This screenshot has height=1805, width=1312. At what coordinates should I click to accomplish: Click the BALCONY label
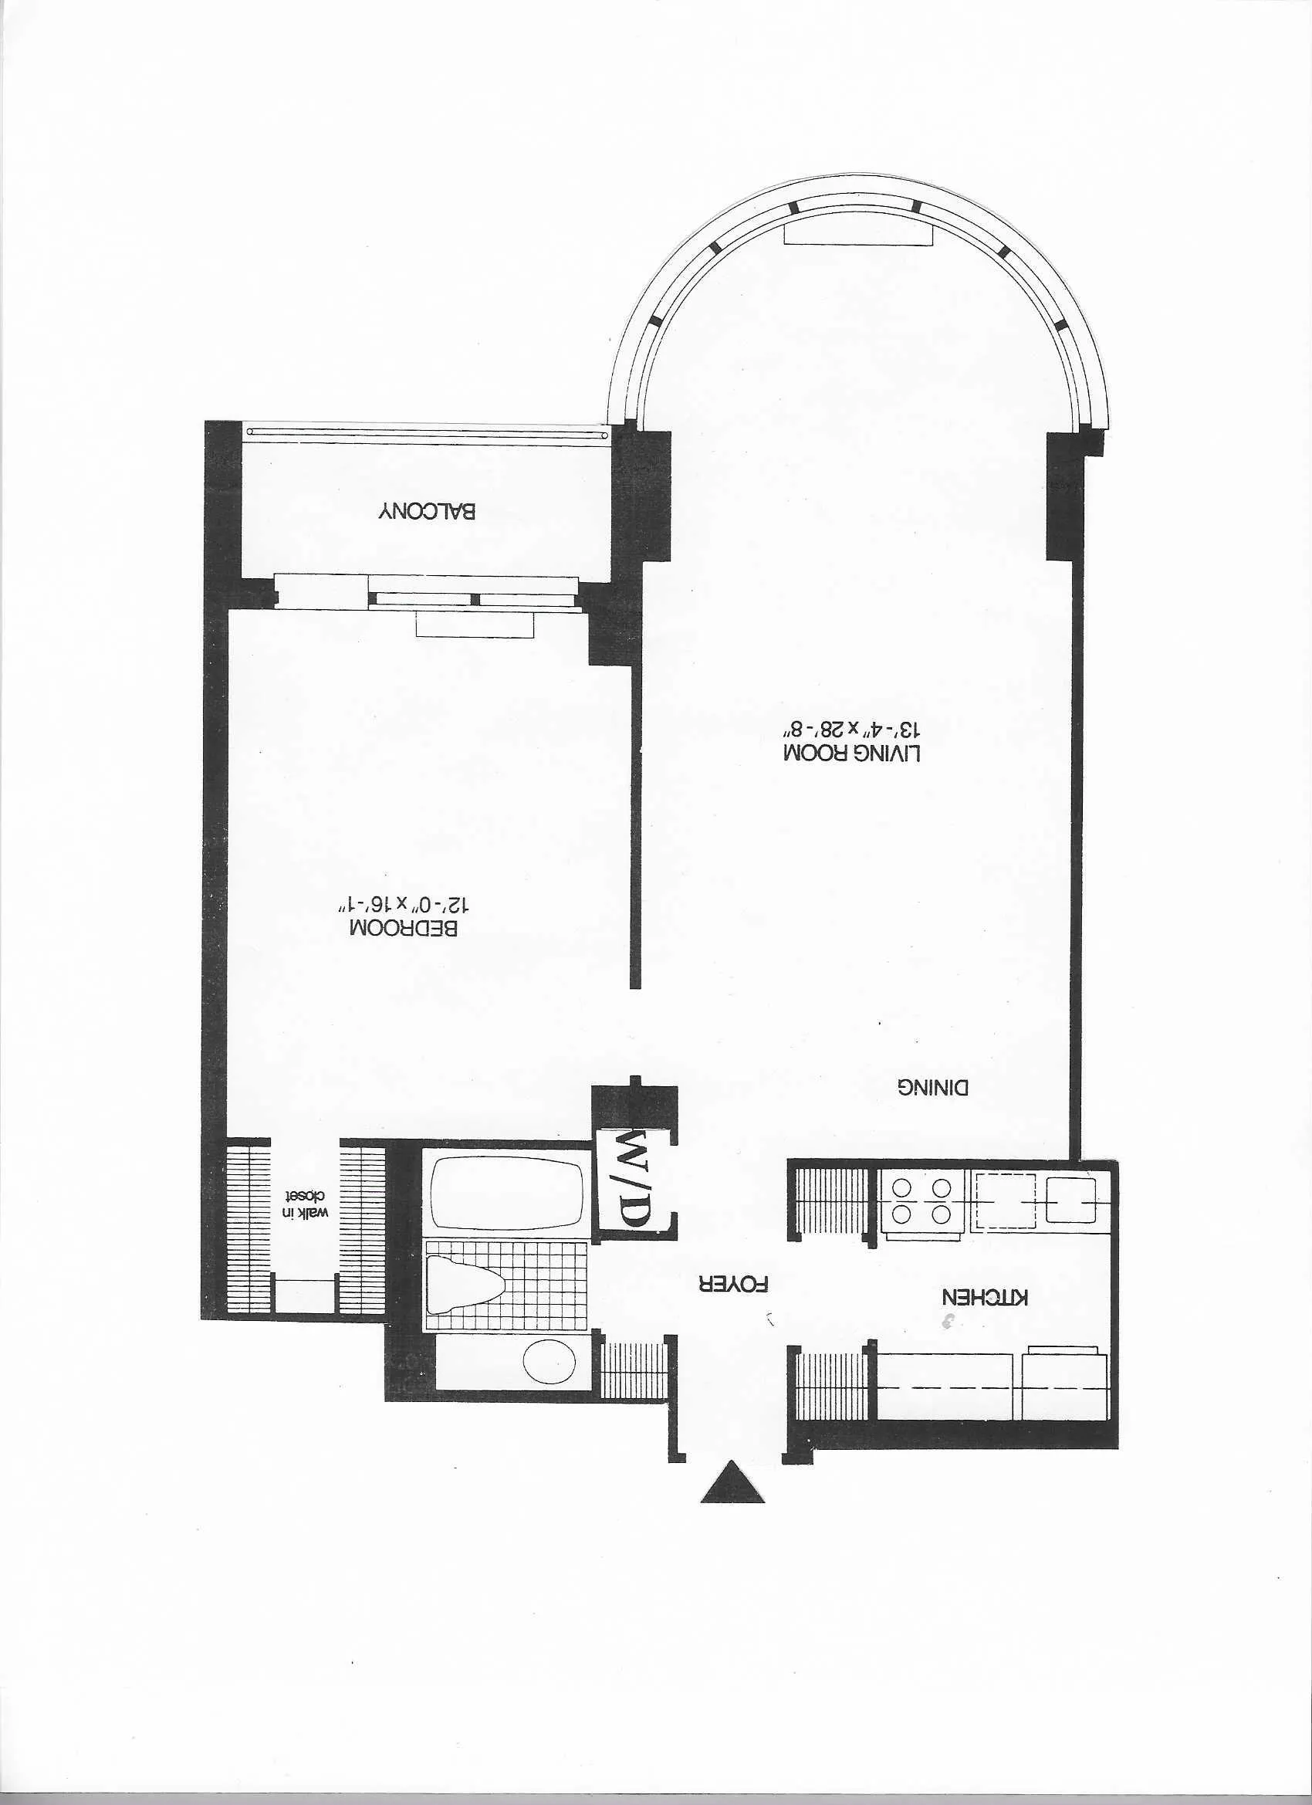(x=427, y=511)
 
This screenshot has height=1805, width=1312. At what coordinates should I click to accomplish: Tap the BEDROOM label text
(x=404, y=928)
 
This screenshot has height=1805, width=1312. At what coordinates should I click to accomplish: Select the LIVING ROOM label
(x=852, y=752)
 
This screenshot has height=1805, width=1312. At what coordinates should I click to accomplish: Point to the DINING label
(x=933, y=1088)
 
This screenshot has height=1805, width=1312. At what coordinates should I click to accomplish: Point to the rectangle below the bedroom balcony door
(x=474, y=625)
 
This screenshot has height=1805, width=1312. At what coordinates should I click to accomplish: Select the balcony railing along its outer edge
(x=427, y=433)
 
